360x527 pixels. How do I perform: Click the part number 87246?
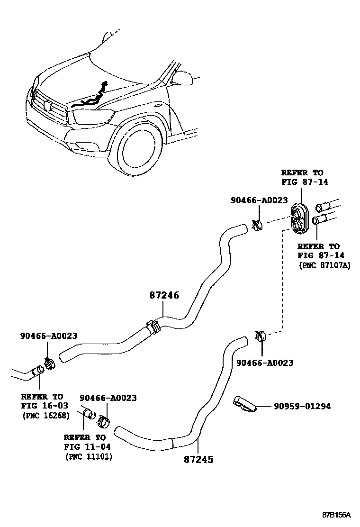[164, 295]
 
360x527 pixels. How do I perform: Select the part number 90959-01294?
[301, 407]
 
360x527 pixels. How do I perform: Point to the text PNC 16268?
[46, 416]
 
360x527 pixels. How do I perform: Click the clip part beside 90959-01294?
[244, 404]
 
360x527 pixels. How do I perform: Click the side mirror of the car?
[182, 77]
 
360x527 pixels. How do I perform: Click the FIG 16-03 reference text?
[45, 406]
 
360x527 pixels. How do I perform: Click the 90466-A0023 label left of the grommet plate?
[259, 200]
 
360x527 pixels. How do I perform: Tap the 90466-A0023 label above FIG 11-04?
[108, 398]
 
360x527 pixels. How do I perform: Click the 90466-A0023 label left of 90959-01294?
[264, 363]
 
